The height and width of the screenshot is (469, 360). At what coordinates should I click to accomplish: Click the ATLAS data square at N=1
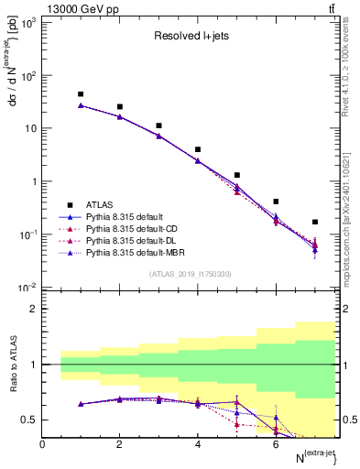pyautogui.click(x=81, y=94)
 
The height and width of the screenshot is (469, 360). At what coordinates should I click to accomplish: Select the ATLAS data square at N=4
pyautogui.click(x=198, y=149)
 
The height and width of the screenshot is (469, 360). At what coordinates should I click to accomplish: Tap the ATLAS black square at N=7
pyautogui.click(x=315, y=222)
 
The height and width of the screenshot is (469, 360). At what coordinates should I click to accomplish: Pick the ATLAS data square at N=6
pyautogui.click(x=276, y=202)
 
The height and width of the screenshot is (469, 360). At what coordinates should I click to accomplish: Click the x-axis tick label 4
pyautogui.click(x=198, y=444)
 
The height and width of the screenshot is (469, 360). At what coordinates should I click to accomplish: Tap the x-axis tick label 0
pyautogui.click(x=43, y=444)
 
